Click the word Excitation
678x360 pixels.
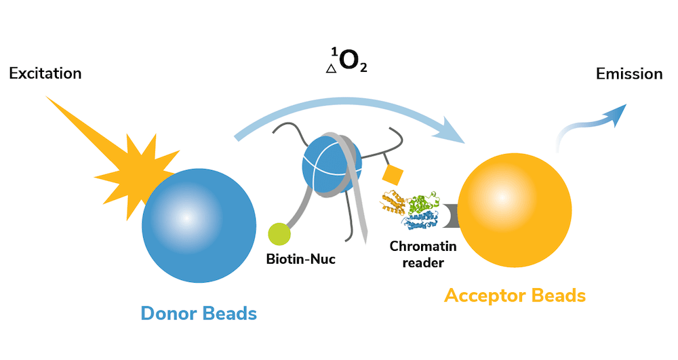45,73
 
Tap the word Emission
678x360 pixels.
629,74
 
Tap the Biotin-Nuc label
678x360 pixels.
302,258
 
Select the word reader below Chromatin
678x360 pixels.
418,263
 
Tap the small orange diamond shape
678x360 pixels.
393,174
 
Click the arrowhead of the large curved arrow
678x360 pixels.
453,132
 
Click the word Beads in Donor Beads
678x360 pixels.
227,313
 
